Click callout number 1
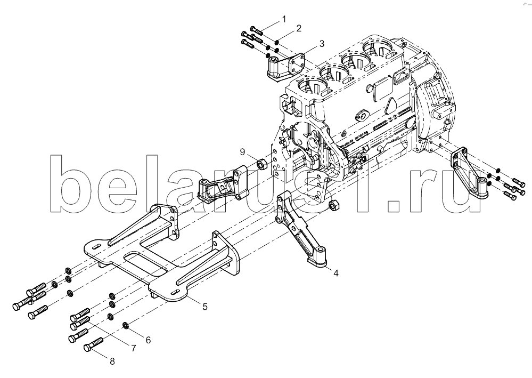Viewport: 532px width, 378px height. (284, 19)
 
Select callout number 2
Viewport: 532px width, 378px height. (299, 28)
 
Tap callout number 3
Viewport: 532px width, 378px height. (322, 44)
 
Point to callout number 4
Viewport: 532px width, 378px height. (335, 273)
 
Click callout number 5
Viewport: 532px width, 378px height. (205, 307)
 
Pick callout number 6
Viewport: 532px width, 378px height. (148, 340)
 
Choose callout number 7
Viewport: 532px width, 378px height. (133, 348)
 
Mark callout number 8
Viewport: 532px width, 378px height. (112, 361)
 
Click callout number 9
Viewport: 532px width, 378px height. (242, 152)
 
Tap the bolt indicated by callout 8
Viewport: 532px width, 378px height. (93, 344)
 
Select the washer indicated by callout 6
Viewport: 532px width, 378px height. (125, 325)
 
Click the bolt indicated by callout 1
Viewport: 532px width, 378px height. (257, 30)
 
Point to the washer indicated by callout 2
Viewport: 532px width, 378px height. (277, 43)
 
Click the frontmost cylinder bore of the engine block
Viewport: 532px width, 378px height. (309, 87)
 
